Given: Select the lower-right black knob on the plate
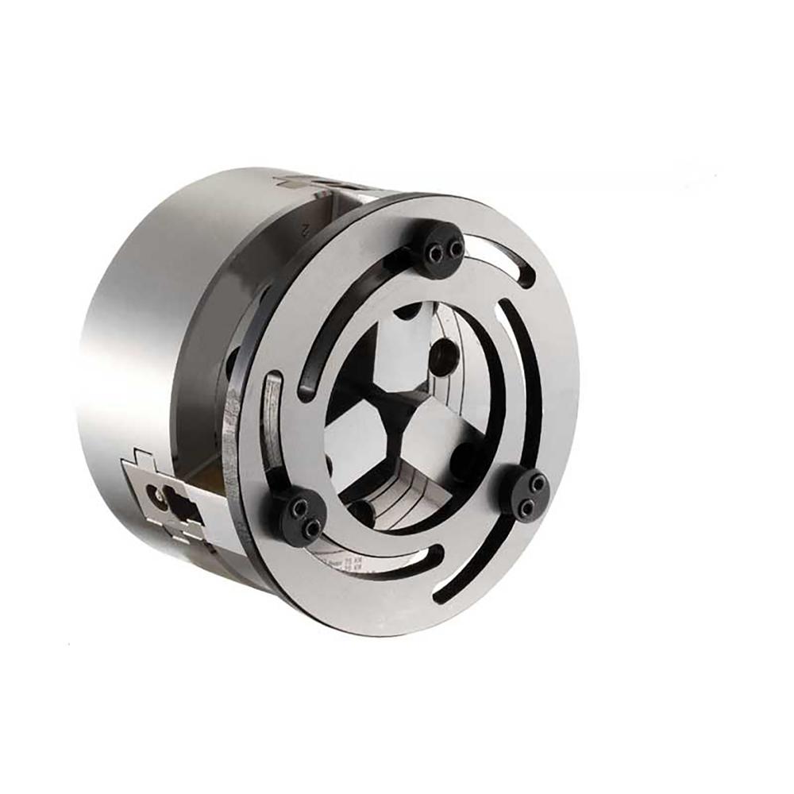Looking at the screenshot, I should coord(526,490).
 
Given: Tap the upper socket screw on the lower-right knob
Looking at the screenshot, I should coord(538,482).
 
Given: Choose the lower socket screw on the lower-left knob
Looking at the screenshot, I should coord(312,525).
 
